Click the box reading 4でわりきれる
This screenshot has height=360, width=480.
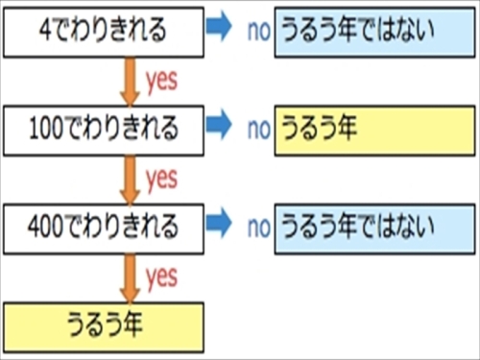tap(104, 30)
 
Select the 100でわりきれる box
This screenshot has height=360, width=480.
tap(104, 129)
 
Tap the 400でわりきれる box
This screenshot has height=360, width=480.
tap(104, 228)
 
